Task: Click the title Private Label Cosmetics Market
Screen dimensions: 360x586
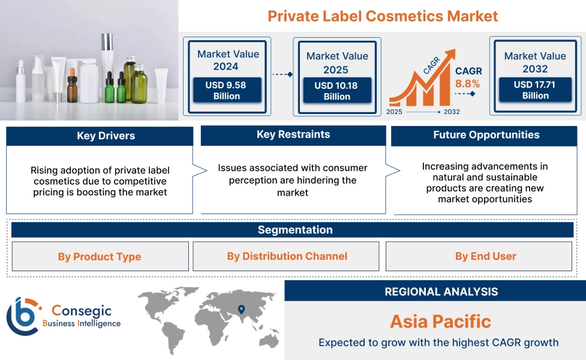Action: (383, 16)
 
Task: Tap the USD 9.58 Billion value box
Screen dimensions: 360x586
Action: (226, 91)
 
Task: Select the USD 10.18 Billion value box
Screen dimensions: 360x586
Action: (336, 91)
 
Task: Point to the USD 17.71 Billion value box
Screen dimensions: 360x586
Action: (535, 90)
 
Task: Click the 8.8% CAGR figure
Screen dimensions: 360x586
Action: (468, 84)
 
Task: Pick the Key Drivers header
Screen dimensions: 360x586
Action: (100, 136)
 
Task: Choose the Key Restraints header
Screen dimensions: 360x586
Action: (293, 135)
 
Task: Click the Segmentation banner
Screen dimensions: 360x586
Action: (294, 230)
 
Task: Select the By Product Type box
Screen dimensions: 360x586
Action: (100, 257)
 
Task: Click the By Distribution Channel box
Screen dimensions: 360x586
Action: (287, 256)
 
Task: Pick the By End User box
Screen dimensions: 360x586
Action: (485, 256)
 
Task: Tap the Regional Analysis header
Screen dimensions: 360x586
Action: (441, 292)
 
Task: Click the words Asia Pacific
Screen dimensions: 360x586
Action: (440, 322)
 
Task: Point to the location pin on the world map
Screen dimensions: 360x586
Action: (241, 310)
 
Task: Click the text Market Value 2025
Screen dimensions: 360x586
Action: (337, 62)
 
